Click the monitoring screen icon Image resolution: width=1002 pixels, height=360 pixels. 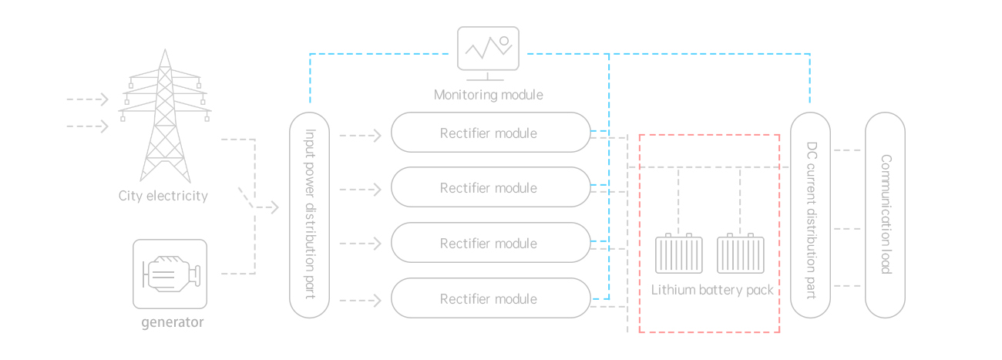point(488,52)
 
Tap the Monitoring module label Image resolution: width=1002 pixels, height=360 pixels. point(488,95)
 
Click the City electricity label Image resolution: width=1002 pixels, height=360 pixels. point(163,196)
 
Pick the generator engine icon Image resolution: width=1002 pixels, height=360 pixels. point(170,274)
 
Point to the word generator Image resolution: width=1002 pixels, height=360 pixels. point(173,322)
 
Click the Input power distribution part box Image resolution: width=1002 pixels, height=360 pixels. point(309,214)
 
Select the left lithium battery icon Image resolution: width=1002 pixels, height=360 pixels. point(679,254)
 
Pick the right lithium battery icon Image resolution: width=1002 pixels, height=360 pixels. point(741,254)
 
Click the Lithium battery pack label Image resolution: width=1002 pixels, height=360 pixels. point(712,291)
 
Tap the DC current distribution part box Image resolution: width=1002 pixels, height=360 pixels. point(811,214)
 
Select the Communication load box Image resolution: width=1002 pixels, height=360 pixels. point(885,214)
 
